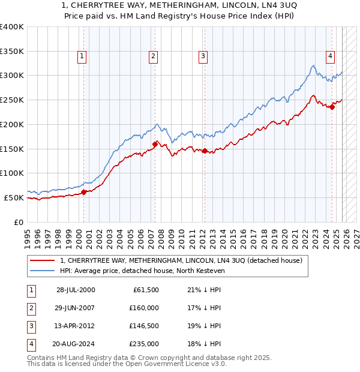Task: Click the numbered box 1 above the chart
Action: click(82, 56)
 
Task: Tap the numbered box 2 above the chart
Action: click(154, 56)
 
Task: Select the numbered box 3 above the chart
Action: click(203, 56)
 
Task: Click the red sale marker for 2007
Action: click(155, 144)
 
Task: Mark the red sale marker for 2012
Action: click(205, 151)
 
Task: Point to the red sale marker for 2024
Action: click(332, 108)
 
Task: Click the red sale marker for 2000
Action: click(84, 192)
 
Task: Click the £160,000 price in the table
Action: click(144, 308)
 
